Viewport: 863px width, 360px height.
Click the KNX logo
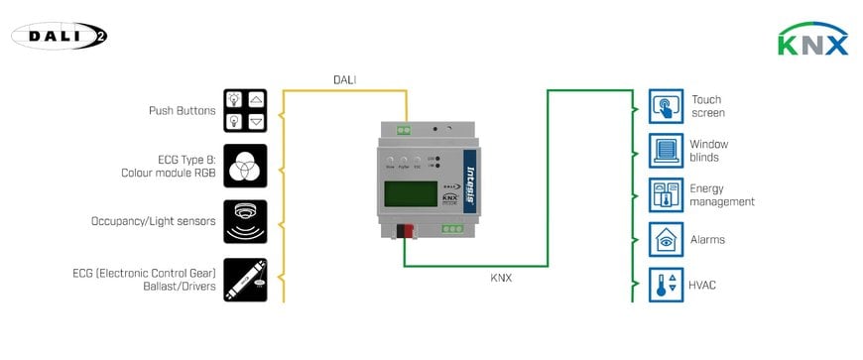pyautogui.click(x=813, y=43)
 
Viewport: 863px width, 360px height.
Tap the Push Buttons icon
pyautogui.click(x=245, y=110)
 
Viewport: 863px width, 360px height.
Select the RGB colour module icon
pyautogui.click(x=245, y=165)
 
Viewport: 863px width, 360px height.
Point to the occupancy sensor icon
pyautogui.click(x=245, y=220)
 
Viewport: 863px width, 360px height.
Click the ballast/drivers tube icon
pyautogui.click(x=245, y=279)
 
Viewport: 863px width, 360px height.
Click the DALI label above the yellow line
pyautogui.click(x=345, y=79)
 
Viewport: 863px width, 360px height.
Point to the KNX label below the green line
pyautogui.click(x=503, y=279)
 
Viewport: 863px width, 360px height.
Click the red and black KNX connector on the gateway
pyautogui.click(x=407, y=232)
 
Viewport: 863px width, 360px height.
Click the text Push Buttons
pyautogui.click(x=182, y=110)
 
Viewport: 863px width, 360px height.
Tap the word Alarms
pyautogui.click(x=706, y=240)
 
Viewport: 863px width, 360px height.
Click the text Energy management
pyautogui.click(x=721, y=194)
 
